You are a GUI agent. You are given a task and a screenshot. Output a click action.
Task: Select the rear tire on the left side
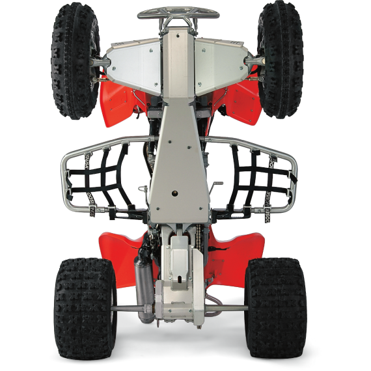tap(85, 306)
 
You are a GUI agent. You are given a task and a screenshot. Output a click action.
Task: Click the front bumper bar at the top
tap(178, 12)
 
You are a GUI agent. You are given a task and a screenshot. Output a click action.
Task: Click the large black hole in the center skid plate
tap(176, 194)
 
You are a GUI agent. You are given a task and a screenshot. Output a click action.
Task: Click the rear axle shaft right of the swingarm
tap(228, 308)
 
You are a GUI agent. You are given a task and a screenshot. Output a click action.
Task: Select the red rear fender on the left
tap(120, 247)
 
